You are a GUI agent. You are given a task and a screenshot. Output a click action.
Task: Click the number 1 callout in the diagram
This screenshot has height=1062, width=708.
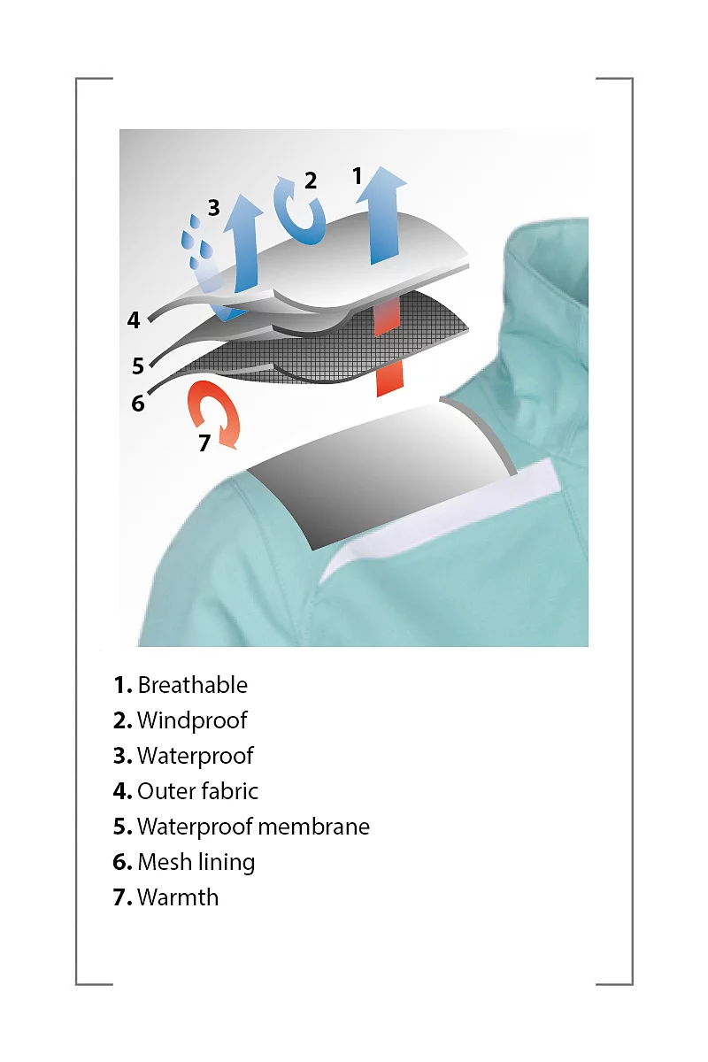click(x=358, y=175)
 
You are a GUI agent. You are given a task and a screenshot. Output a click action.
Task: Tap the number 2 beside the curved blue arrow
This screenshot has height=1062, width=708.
click(x=311, y=181)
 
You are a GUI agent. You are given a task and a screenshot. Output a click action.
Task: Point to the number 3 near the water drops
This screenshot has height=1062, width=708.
click(x=214, y=208)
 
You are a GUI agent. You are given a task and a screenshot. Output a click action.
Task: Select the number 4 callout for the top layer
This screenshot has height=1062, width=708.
click(x=134, y=319)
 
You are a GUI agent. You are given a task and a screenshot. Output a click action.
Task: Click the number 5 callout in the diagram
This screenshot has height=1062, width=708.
click(x=138, y=366)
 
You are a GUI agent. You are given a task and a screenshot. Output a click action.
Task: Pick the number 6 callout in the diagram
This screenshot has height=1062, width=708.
click(x=138, y=404)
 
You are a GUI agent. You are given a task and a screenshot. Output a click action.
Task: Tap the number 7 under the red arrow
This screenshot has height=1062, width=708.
click(x=204, y=443)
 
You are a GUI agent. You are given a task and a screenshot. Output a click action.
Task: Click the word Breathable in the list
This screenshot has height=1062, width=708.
click(x=193, y=685)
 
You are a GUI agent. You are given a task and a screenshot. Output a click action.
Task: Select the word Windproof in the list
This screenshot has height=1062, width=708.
click(x=192, y=720)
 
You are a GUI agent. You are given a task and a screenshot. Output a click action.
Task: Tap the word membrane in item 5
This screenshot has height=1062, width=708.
click(x=314, y=827)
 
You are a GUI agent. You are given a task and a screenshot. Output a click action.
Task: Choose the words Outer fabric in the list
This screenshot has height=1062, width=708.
click(x=197, y=791)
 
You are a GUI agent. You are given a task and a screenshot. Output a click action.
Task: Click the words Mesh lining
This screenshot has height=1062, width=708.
click(x=196, y=862)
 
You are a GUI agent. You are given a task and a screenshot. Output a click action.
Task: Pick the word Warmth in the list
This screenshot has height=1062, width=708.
click(x=178, y=897)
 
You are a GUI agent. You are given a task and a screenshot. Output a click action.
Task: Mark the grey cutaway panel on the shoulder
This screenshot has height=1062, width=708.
click(x=380, y=474)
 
